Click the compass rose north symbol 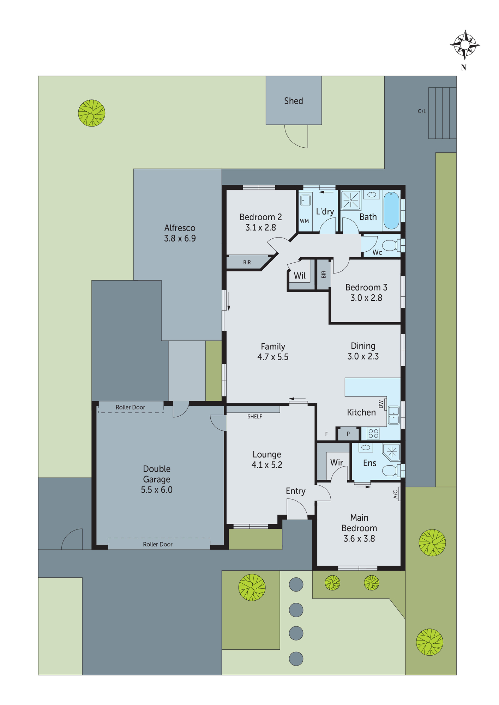coord(465,45)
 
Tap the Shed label coord(294,101)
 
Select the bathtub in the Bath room coord(391,210)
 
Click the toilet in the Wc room coord(390,245)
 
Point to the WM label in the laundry coord(304,221)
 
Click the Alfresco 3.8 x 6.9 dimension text coord(180,238)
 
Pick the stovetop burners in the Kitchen coord(373,433)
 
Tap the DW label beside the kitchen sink coord(381,404)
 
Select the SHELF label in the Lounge coord(254,416)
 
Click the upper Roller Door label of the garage coord(130,407)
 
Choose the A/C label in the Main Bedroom coord(396,494)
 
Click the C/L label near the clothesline coord(422,111)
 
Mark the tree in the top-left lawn coord(92,113)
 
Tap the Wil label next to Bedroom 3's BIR coord(300,276)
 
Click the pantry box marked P coord(348,434)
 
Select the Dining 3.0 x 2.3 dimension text coord(363,356)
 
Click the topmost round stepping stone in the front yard coord(296,584)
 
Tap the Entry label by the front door coord(295,491)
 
